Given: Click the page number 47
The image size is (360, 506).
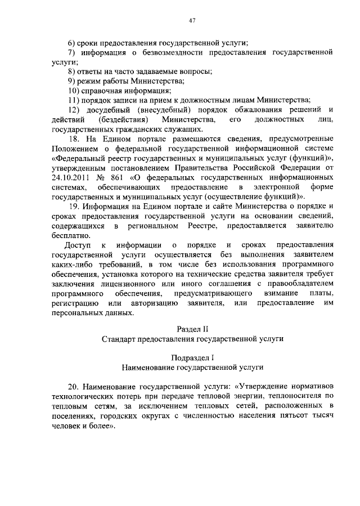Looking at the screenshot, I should (192, 21).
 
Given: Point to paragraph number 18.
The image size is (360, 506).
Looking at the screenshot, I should (74, 138).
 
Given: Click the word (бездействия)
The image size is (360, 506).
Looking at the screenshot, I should (123, 119).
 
